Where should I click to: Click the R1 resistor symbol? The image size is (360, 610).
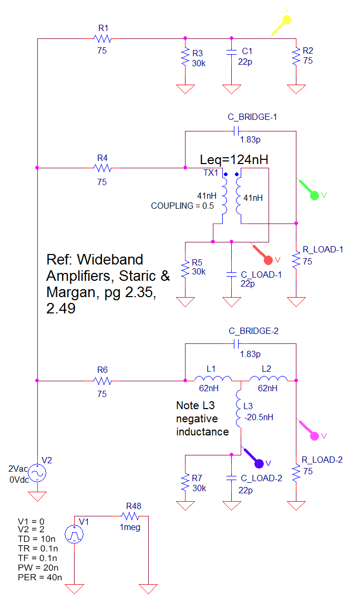(x=102, y=38)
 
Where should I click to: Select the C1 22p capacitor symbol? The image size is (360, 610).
(x=231, y=52)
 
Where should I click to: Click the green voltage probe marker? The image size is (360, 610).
(x=314, y=195)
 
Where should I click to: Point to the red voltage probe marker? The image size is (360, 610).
(x=268, y=259)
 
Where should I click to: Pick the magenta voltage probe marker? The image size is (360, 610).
(x=314, y=435)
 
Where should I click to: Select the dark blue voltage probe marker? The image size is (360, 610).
(x=259, y=463)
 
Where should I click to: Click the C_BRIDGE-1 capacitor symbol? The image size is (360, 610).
(x=236, y=130)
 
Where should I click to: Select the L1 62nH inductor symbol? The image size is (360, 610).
(x=212, y=379)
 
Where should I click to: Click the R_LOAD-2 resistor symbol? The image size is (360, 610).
(x=296, y=472)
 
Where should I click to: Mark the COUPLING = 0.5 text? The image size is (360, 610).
(x=182, y=206)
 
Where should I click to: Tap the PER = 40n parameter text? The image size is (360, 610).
(x=39, y=577)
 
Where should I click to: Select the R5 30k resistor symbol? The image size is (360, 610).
(x=185, y=269)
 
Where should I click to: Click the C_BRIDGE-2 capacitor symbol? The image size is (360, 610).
(x=236, y=343)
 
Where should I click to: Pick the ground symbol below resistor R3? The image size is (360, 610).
(x=185, y=88)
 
